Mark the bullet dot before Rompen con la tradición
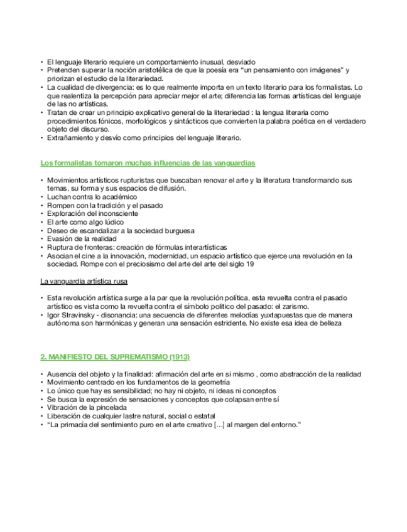pyautogui.click(x=42, y=205)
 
